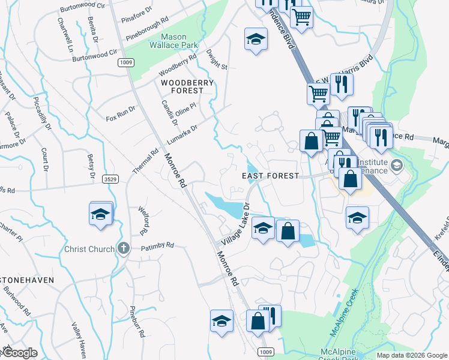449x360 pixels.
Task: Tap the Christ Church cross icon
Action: click(x=123, y=248)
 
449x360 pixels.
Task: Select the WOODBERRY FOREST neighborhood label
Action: click(x=181, y=85)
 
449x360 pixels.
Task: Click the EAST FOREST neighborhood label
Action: click(x=270, y=176)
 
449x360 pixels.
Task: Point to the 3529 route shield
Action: click(x=109, y=179)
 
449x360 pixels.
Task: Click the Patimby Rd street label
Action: click(x=157, y=245)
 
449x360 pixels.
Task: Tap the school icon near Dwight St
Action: click(x=256, y=40)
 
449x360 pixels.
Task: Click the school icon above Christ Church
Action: click(x=101, y=214)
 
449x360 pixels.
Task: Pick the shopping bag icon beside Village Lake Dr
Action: click(x=288, y=231)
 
